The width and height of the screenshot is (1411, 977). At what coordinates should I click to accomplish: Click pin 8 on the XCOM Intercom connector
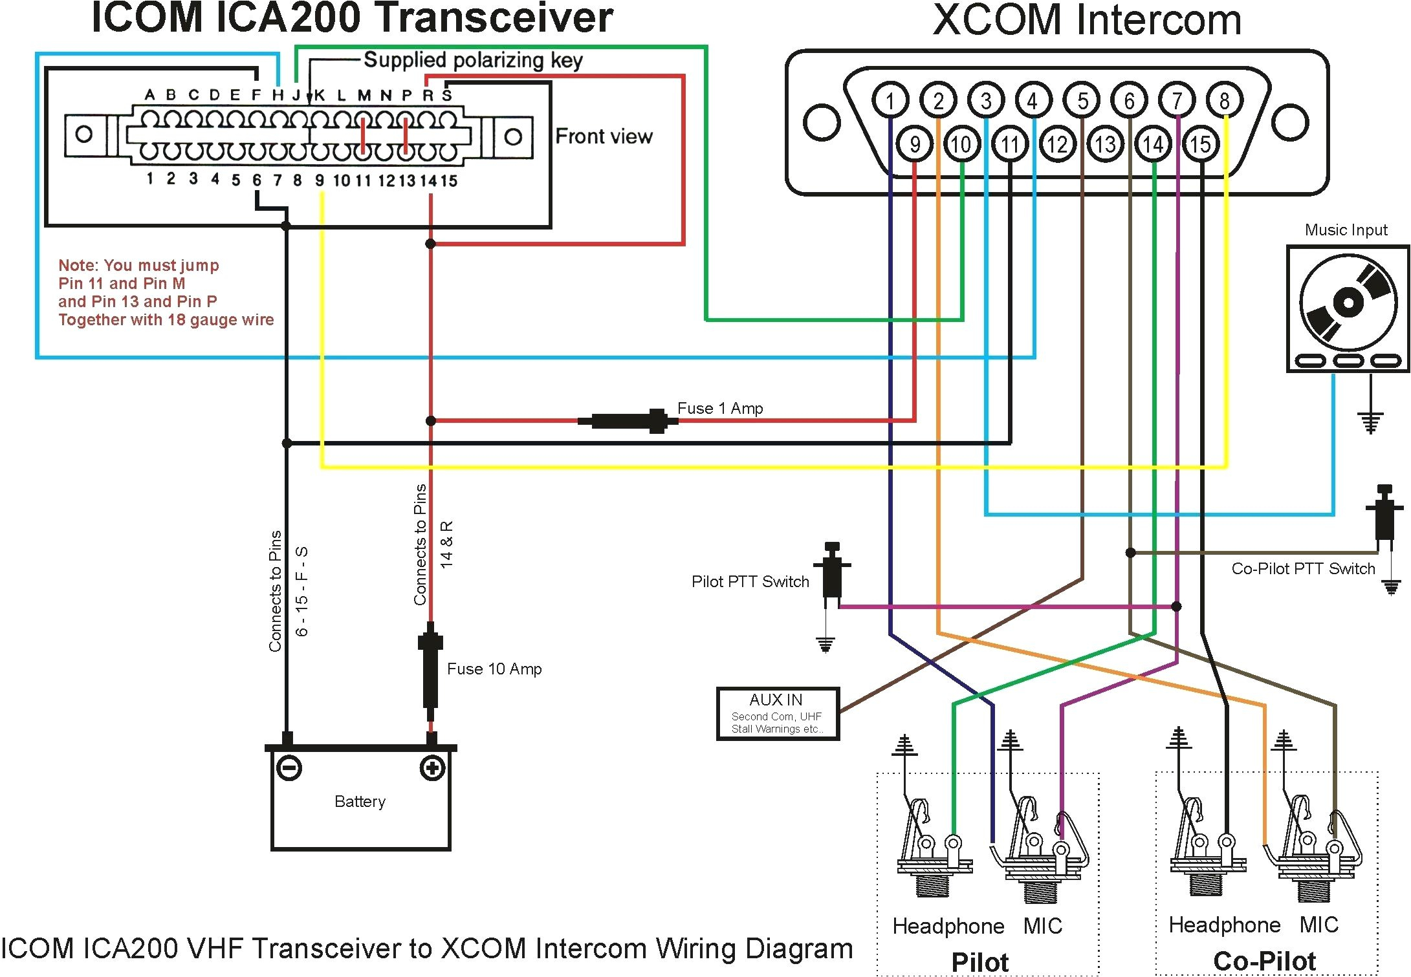(x=1224, y=100)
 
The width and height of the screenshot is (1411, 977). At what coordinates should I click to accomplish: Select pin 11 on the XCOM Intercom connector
(x=1010, y=144)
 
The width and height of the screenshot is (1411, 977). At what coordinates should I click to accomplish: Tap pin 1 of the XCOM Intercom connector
(x=890, y=100)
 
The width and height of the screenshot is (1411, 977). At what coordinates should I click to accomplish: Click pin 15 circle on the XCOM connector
(x=1200, y=144)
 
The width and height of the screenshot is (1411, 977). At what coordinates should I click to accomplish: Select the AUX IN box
(x=778, y=713)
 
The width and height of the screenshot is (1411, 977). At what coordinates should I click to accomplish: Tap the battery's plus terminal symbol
(x=432, y=768)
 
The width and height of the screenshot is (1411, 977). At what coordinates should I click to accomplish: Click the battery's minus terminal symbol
(x=289, y=768)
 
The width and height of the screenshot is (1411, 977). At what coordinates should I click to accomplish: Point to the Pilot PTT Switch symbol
(x=832, y=572)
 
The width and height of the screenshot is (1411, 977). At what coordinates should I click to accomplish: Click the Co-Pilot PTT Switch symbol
(x=1384, y=514)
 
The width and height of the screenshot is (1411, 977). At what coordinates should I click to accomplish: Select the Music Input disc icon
(x=1348, y=302)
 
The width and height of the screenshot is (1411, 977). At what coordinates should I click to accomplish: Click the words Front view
(x=604, y=136)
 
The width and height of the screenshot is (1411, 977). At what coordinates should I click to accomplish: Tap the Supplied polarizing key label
(x=473, y=60)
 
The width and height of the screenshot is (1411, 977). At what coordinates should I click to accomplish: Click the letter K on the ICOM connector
(x=320, y=95)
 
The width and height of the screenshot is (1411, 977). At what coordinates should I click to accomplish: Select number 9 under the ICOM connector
(x=320, y=180)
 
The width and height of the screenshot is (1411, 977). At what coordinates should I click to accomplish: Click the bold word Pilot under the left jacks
(x=979, y=961)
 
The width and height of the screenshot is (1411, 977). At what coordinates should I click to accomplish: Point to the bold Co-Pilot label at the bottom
(x=1264, y=960)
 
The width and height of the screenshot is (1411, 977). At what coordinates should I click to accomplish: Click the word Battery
(x=360, y=802)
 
